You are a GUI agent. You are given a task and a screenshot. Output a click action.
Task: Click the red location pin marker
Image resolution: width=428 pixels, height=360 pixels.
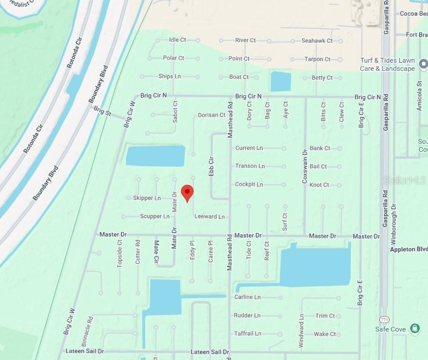point(187,193)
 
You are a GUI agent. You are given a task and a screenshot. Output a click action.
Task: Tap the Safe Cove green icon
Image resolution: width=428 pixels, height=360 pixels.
point(414,329)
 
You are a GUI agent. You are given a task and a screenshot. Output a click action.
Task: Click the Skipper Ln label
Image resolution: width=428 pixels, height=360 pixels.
point(147,198)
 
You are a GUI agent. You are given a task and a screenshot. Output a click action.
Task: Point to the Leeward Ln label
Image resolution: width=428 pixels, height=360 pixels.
point(209,217)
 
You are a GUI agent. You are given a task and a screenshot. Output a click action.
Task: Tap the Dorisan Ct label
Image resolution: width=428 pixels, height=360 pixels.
point(212,115)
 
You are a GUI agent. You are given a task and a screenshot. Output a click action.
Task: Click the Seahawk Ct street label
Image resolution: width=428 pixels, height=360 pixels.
point(317,41)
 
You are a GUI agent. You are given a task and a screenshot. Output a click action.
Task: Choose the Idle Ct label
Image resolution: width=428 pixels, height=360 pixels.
point(177,40)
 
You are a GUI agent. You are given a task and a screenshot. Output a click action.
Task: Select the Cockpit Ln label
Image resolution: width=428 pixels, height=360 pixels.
point(249,184)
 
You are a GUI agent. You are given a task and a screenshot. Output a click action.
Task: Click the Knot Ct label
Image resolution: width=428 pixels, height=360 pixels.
point(319,185)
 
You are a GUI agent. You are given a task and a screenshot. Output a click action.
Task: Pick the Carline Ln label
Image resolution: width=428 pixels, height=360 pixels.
point(247,297)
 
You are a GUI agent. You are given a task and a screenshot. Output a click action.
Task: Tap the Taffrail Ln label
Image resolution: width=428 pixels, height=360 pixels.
point(247,333)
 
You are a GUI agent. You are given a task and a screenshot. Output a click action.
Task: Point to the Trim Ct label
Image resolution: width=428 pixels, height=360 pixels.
point(325,315)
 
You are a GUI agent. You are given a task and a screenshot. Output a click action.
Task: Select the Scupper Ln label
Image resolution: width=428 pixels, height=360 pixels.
point(155,217)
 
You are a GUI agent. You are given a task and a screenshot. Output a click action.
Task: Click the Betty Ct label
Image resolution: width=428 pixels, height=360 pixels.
point(322,78)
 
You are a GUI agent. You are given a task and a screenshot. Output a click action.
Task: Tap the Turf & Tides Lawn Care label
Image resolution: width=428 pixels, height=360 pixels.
point(387,64)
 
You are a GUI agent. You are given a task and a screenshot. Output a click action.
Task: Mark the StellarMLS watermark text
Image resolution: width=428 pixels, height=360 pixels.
point(405,180)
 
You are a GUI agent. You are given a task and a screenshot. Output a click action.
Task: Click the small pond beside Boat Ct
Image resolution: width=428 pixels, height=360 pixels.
point(280,82)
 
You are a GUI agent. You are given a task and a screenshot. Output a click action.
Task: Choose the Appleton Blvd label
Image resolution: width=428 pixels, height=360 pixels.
point(408,249)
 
